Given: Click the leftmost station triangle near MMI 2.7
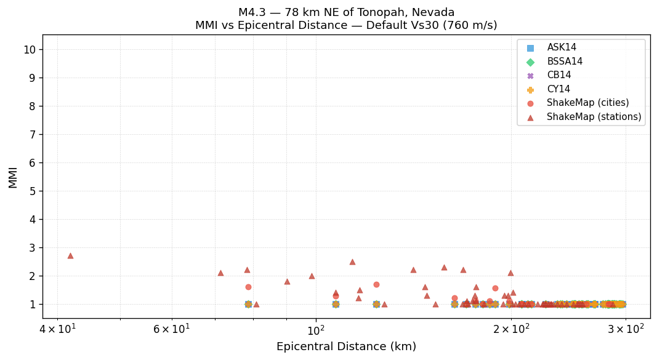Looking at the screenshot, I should click(x=70, y=255).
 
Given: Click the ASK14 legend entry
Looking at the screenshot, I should click(x=561, y=47).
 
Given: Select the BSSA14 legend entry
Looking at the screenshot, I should click(x=564, y=62).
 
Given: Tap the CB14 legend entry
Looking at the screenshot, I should click(x=558, y=75).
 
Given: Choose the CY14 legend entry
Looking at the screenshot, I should click(x=558, y=89).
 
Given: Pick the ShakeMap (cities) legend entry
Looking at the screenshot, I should click(x=587, y=103).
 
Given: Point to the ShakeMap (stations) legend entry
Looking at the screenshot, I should click(x=594, y=117).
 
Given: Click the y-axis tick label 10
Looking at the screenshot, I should click(x=29, y=50).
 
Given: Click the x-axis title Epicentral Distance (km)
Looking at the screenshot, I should click(x=346, y=347).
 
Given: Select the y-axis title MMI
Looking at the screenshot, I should click(x=13, y=177).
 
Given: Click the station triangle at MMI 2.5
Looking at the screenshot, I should click(x=352, y=262).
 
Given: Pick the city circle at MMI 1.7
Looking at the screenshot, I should click(x=376, y=284).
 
